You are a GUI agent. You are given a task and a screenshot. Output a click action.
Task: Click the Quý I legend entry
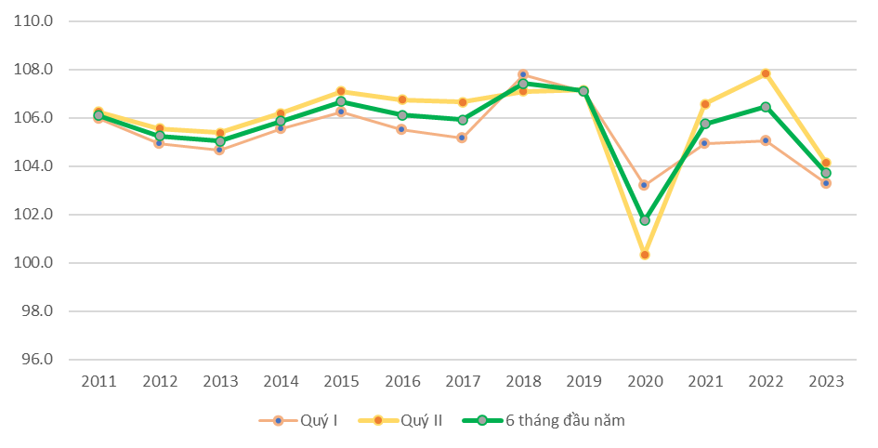(x=298, y=420)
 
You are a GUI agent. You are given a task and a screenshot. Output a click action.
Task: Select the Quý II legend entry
(x=400, y=420)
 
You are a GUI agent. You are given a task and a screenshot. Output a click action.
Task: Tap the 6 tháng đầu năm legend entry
(x=544, y=420)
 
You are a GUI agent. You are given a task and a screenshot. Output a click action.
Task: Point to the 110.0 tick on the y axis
(x=33, y=21)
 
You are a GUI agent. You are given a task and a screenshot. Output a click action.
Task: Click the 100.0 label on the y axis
(x=33, y=263)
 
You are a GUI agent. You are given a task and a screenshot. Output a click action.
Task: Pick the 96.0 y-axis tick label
(x=36, y=359)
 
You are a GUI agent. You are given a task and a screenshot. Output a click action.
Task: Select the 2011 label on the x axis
(x=98, y=381)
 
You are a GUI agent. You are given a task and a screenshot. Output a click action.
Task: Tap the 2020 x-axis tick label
(x=645, y=381)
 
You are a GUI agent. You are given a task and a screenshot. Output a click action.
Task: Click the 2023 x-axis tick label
(x=827, y=381)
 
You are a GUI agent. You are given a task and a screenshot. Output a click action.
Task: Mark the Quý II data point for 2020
(x=645, y=255)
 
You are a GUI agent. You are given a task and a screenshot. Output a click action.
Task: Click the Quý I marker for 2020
(x=644, y=185)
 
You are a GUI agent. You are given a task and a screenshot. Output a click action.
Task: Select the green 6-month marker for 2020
(x=645, y=220)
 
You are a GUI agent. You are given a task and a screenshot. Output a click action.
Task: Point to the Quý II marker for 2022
(x=766, y=73)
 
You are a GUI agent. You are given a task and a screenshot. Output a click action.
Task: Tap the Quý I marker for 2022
(x=766, y=140)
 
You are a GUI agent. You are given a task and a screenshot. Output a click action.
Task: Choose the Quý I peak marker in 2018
(x=523, y=74)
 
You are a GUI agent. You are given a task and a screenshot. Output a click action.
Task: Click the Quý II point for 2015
(x=341, y=91)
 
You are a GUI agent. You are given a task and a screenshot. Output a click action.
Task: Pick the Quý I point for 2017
(x=462, y=138)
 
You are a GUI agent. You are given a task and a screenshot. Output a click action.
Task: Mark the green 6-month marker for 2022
(x=766, y=106)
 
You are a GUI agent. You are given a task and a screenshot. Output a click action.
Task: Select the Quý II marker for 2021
(x=705, y=103)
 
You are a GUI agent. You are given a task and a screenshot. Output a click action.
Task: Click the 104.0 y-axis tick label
(x=33, y=165)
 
